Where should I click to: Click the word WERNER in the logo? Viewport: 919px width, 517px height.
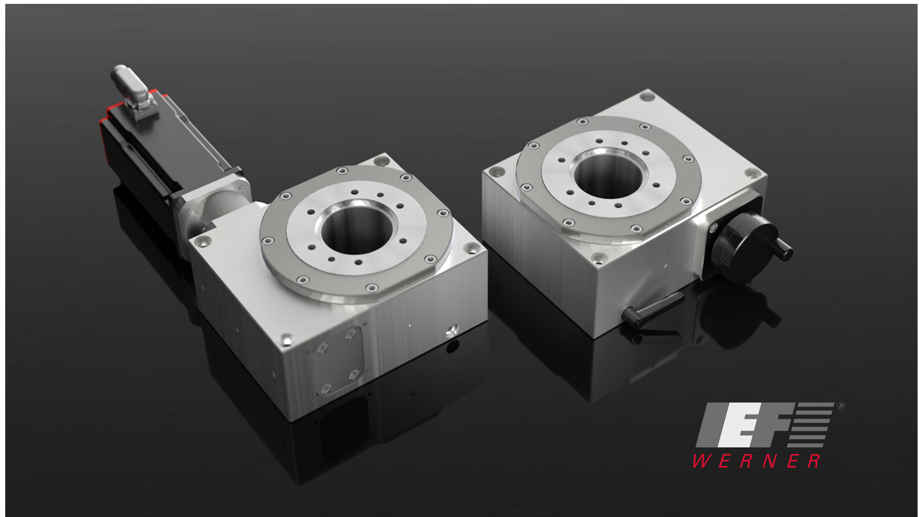tap(756, 461)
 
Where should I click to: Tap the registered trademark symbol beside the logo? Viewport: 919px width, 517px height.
tap(841, 406)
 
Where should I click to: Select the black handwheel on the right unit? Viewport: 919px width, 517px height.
tap(737, 244)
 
